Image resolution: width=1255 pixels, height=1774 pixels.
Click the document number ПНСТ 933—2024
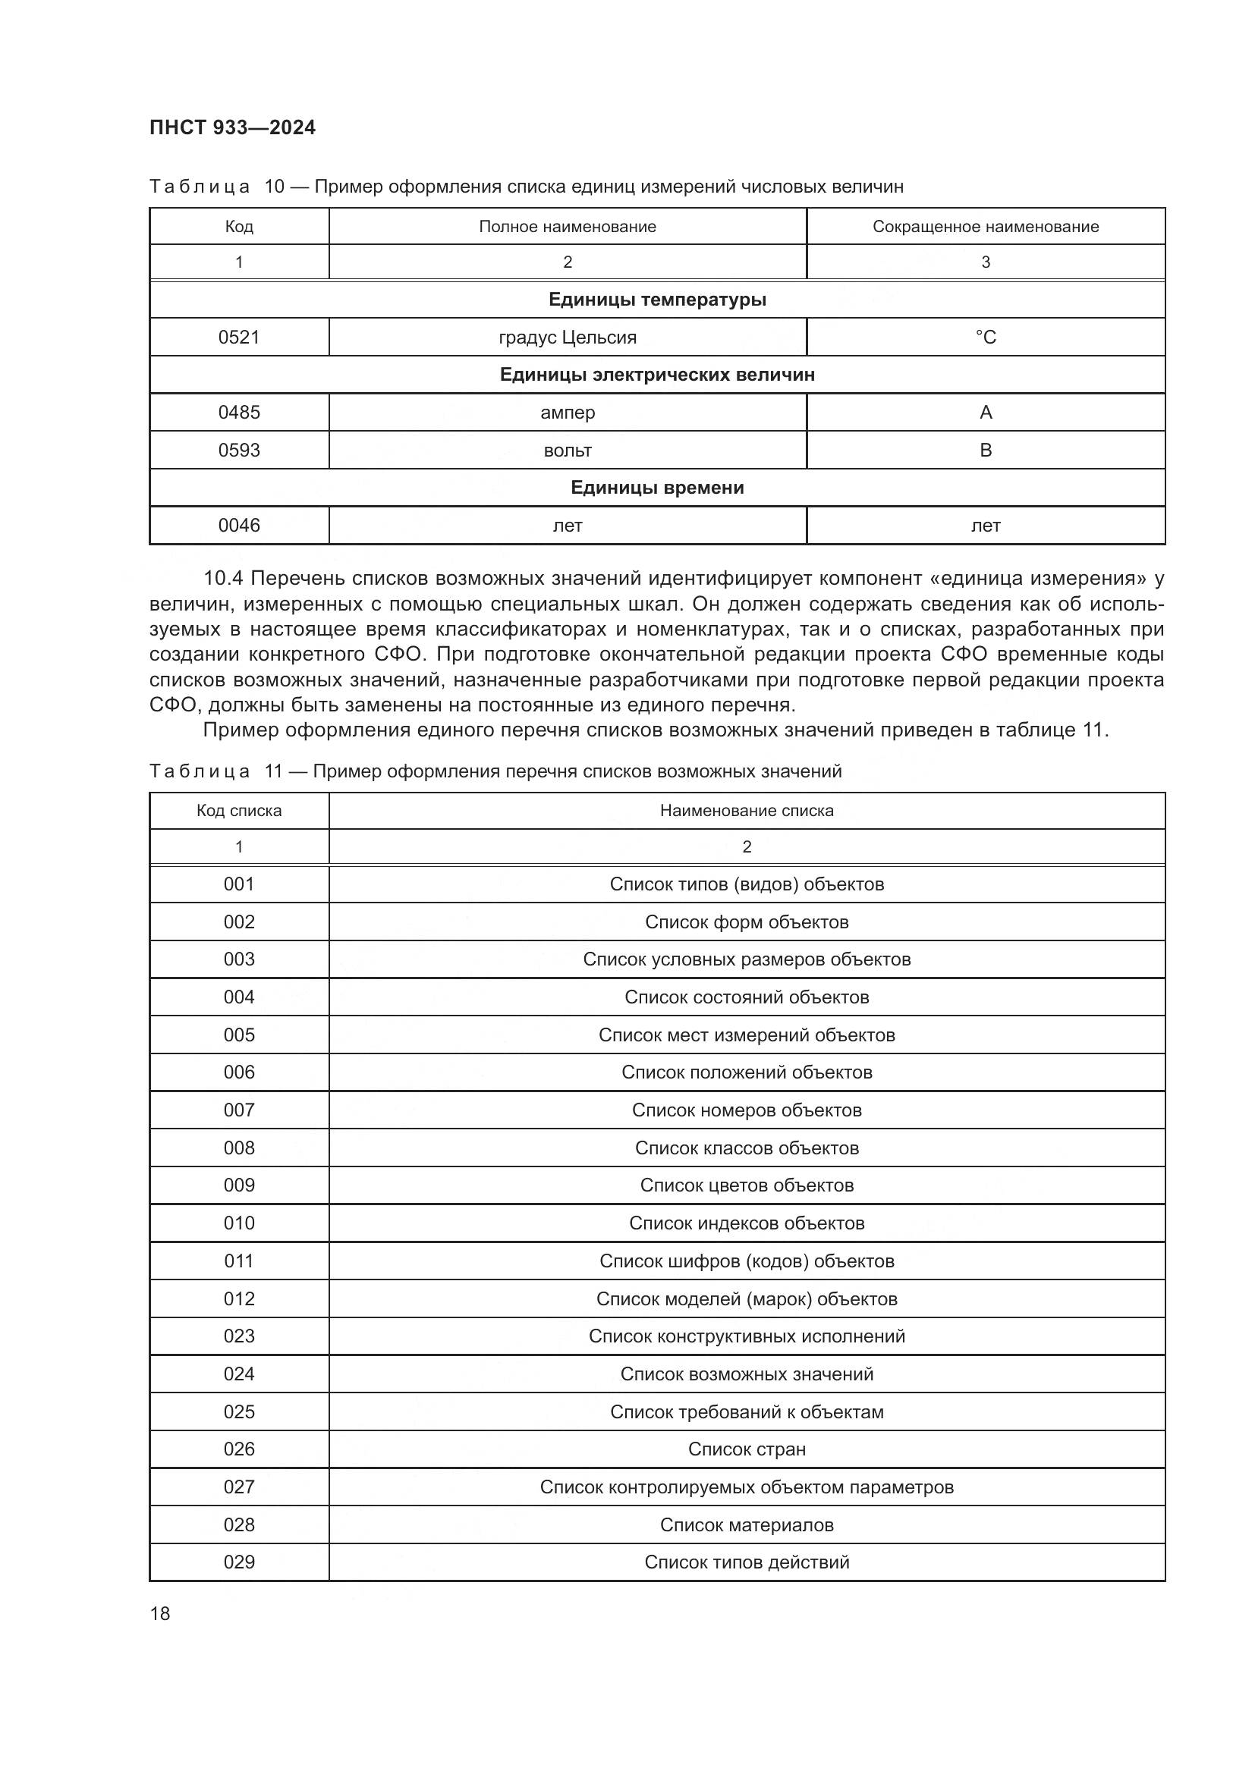click(x=233, y=127)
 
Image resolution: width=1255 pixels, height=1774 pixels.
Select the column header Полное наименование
click(x=568, y=226)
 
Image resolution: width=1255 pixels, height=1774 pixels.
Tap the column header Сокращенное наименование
click(x=986, y=226)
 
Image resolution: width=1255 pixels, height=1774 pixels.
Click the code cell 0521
click(x=239, y=337)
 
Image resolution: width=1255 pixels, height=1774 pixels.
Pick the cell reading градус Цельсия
click(x=568, y=337)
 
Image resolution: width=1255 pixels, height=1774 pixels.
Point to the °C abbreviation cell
click(x=986, y=337)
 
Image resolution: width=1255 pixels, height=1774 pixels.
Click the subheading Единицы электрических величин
click(x=657, y=375)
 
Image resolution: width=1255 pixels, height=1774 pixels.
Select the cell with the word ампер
click(x=568, y=413)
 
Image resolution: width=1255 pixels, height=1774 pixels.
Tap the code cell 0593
click(x=239, y=450)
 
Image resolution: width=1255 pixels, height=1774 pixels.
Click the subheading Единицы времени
click(x=657, y=488)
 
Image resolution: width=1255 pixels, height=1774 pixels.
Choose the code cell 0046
click(x=239, y=526)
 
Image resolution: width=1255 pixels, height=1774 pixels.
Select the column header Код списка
click(x=239, y=811)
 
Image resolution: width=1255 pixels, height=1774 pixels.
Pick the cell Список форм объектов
click(x=747, y=922)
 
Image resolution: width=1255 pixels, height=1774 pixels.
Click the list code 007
click(x=239, y=1110)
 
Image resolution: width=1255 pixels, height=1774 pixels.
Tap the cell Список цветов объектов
click(x=747, y=1185)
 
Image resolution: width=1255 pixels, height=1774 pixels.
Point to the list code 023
click(x=239, y=1336)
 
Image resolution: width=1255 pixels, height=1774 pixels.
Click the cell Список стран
click(x=747, y=1449)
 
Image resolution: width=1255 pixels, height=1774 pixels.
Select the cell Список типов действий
click(x=747, y=1562)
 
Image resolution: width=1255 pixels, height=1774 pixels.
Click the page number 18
click(x=160, y=1613)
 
